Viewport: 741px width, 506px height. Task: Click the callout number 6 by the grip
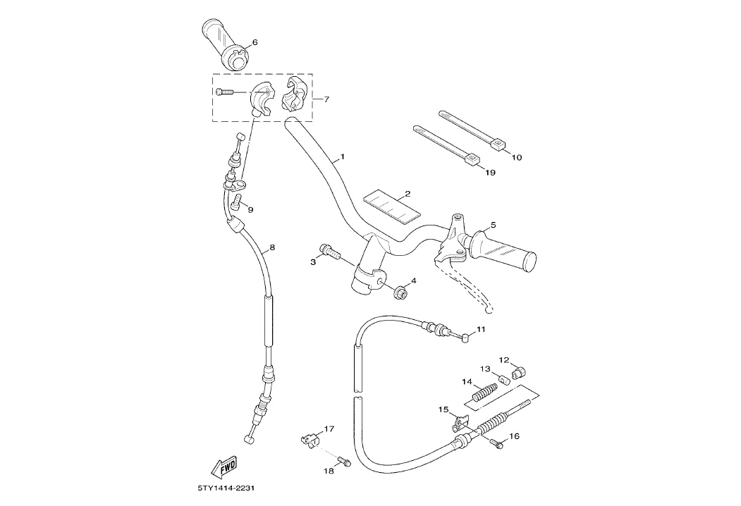coord(255,42)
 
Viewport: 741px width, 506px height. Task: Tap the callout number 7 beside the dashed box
coord(325,99)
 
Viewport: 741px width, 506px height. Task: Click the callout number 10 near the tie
coord(516,157)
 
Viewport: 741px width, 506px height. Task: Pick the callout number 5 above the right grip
coord(493,225)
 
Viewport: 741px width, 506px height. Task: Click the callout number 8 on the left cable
coord(272,248)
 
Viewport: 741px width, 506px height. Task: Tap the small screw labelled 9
coord(238,204)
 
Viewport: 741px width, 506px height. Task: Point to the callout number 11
coord(481,329)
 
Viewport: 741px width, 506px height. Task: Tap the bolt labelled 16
coord(496,443)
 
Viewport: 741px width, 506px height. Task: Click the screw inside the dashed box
coord(223,91)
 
